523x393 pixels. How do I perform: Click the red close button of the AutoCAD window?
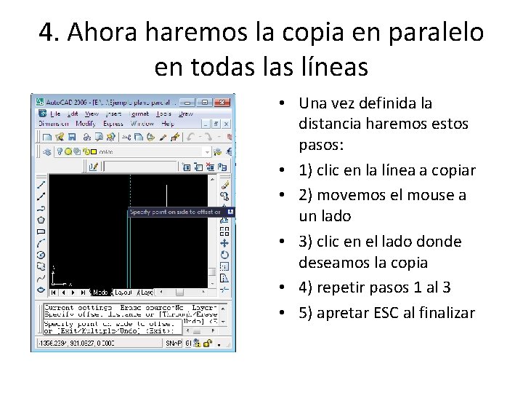click(222, 103)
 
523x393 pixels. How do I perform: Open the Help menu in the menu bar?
click(168, 124)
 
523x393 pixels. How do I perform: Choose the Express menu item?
click(113, 124)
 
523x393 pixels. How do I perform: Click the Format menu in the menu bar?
click(139, 114)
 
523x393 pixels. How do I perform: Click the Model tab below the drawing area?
click(100, 292)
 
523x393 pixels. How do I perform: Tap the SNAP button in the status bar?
click(171, 343)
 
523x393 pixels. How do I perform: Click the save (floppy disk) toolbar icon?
click(72, 136)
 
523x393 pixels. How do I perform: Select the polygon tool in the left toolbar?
click(41, 219)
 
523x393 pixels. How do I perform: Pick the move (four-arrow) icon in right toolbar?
click(224, 243)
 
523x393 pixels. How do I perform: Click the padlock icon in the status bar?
click(207, 343)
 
